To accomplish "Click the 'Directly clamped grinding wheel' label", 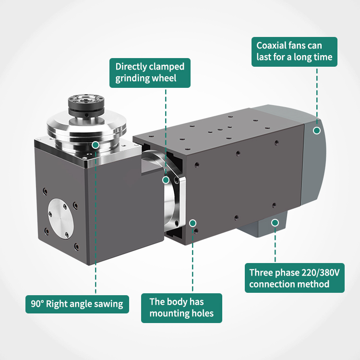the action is tap(150, 73).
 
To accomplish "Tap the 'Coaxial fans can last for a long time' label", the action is tap(294, 52).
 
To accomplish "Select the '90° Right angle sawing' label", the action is tap(77, 304).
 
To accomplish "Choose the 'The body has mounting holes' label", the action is tap(181, 308).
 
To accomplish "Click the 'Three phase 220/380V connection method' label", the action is tap(295, 278).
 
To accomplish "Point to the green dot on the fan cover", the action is tap(317, 131).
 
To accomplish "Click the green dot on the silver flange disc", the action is tap(96, 145).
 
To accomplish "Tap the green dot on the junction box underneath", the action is tap(275, 222).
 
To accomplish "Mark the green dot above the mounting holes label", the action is tap(192, 223).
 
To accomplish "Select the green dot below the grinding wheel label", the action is tap(166, 180).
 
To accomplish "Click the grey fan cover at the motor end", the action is tap(313, 161).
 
